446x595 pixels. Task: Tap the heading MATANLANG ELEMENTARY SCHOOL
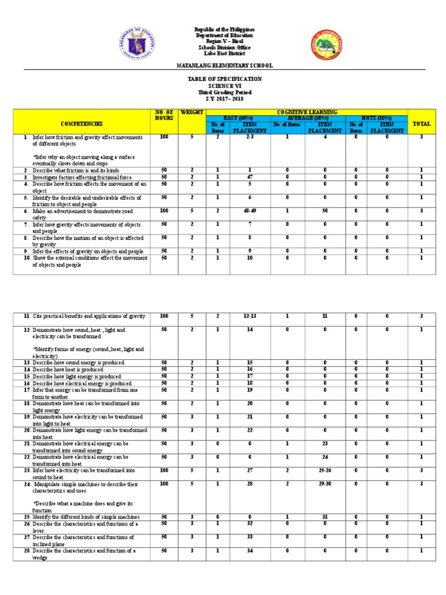click(x=224, y=66)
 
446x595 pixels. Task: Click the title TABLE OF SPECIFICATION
click(x=224, y=79)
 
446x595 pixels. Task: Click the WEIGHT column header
click(x=191, y=112)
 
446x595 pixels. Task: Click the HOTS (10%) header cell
click(x=376, y=118)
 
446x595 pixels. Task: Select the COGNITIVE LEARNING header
click(x=307, y=112)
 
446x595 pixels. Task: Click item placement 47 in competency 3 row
click(x=248, y=177)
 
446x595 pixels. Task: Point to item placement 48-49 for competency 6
click(x=248, y=211)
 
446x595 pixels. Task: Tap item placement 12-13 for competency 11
click(x=248, y=316)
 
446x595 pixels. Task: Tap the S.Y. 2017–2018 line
click(x=224, y=99)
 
